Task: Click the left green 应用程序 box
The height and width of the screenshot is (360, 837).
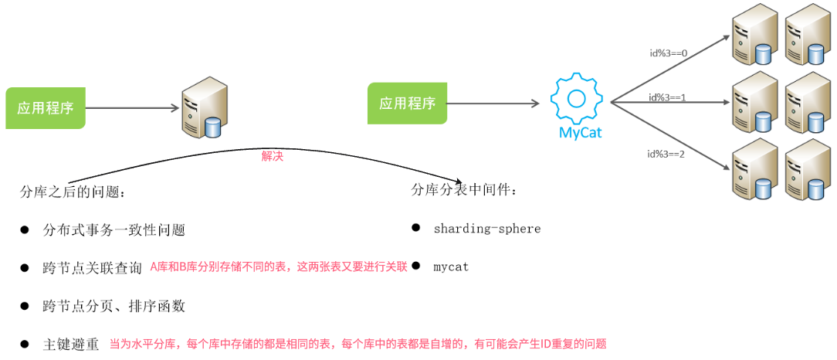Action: (46, 107)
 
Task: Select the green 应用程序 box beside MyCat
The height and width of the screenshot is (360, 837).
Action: (407, 104)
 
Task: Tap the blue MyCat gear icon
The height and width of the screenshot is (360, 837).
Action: (576, 97)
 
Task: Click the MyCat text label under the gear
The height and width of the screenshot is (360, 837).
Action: (580, 132)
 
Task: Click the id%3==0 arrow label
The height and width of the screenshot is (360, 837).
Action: (668, 53)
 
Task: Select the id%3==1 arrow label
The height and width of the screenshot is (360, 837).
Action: (668, 97)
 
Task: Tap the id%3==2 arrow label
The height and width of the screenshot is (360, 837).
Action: (666, 154)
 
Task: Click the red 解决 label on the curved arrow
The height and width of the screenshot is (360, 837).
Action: (273, 155)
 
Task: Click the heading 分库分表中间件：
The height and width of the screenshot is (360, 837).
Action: (465, 189)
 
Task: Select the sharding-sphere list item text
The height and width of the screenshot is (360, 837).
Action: (486, 229)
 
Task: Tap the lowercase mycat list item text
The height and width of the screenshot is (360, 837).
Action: (451, 267)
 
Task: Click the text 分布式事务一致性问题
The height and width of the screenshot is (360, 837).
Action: (114, 230)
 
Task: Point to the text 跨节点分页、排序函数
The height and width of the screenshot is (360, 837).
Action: (114, 306)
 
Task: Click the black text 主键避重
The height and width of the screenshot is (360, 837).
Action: (71, 345)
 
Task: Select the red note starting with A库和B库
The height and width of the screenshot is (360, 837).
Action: (278, 267)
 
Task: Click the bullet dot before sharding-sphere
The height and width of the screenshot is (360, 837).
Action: (415, 228)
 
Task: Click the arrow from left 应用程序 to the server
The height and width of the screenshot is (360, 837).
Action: (130, 108)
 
